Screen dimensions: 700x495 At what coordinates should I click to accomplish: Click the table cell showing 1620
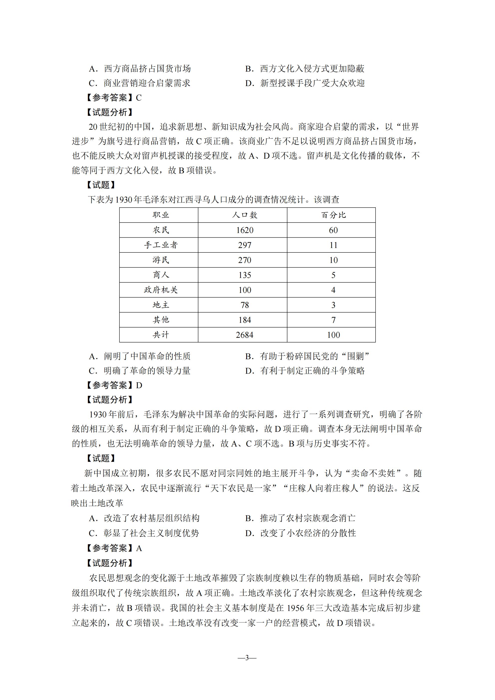point(245,230)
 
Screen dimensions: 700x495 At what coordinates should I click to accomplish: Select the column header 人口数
point(245,215)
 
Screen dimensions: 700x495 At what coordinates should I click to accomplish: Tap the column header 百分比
point(333,215)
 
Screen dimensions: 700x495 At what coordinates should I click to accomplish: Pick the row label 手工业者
point(161,245)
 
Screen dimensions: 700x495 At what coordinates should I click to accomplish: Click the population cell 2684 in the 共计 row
point(245,335)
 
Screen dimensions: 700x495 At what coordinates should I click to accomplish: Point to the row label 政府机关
point(161,290)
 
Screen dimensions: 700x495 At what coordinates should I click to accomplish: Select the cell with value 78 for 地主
point(245,305)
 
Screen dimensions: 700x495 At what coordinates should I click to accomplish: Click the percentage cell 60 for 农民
point(333,230)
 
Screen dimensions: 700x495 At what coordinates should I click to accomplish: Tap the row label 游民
point(161,260)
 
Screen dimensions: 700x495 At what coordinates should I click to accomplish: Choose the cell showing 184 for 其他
point(245,320)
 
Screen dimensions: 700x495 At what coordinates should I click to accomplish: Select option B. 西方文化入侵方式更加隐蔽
point(305,69)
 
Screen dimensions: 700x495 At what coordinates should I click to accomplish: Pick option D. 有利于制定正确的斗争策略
point(305,371)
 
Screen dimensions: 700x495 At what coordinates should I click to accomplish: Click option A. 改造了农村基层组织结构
point(144,518)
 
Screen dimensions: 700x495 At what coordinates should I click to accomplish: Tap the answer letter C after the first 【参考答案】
point(139,98)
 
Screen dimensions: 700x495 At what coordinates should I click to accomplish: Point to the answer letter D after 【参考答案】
point(139,385)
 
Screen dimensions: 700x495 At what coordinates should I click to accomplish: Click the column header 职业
point(161,215)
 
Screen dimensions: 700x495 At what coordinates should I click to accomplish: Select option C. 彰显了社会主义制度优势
point(144,533)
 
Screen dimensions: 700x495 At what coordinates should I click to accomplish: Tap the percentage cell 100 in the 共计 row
point(333,335)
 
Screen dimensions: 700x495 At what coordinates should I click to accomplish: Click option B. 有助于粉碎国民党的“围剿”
point(307,356)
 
